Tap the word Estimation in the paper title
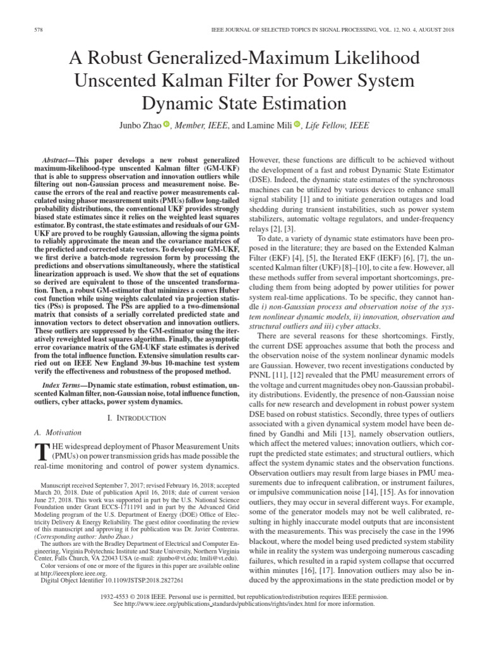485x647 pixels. [x=298, y=104]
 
